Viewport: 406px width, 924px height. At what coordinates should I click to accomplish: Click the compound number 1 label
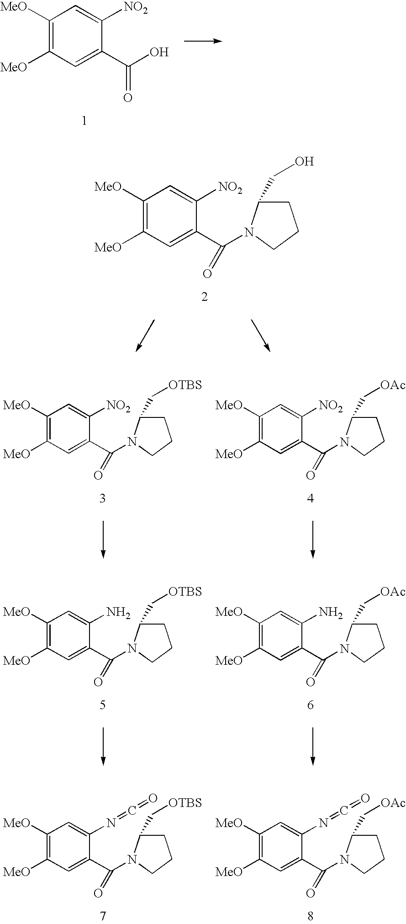coord(84,121)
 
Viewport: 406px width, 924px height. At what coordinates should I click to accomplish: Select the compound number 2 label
coord(204,297)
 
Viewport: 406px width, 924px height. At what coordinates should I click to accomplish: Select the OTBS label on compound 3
coord(185,385)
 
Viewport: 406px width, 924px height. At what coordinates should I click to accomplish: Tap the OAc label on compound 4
coord(393,385)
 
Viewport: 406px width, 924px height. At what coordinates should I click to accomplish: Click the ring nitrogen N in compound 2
coord(249,233)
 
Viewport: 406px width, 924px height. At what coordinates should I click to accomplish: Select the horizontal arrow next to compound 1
coord(203,41)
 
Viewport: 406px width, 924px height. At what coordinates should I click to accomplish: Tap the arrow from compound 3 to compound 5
coord(103,539)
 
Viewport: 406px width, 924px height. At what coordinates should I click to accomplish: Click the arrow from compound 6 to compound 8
coord(313,746)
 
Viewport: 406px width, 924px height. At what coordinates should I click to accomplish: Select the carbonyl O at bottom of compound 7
coord(97,881)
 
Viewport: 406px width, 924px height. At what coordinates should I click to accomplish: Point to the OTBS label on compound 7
coord(185,803)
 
